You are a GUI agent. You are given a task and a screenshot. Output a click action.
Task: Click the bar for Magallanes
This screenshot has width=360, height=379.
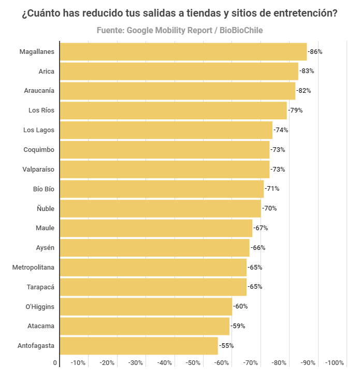coord(183,52)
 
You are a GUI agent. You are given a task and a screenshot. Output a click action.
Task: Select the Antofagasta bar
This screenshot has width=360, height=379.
coord(139,346)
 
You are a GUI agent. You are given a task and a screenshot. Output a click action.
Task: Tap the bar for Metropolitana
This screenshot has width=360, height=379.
coord(153,268)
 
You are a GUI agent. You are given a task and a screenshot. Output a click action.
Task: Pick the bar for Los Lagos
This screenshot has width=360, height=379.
coord(166,130)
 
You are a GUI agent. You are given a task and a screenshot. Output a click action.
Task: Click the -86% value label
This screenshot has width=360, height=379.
coord(315,52)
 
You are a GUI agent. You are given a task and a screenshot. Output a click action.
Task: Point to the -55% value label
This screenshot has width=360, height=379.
coord(226,346)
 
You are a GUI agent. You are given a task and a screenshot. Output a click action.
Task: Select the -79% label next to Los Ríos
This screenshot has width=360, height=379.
coord(295,110)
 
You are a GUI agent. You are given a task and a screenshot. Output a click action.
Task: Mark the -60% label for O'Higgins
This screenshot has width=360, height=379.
coord(240,306)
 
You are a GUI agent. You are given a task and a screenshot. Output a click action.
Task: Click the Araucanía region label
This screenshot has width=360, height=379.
coord(39,91)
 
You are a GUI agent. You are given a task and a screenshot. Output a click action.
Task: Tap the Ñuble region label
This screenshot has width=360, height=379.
coord(46,208)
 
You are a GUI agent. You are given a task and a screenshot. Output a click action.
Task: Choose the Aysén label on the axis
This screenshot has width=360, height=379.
coord(45,248)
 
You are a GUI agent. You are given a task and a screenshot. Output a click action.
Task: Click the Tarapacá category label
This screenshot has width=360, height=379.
coord(40,287)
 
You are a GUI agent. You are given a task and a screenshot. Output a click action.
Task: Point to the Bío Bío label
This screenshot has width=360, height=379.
coord(44,189)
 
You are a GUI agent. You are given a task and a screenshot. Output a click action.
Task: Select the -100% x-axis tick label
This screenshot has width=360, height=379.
coord(334,363)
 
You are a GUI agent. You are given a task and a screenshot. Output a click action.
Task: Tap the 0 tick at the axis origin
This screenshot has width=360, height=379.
coord(55,363)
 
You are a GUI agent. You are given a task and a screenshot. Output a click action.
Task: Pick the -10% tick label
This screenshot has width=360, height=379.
coord(78,363)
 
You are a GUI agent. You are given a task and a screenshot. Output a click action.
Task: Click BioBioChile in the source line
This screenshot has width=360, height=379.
coord(241,31)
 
